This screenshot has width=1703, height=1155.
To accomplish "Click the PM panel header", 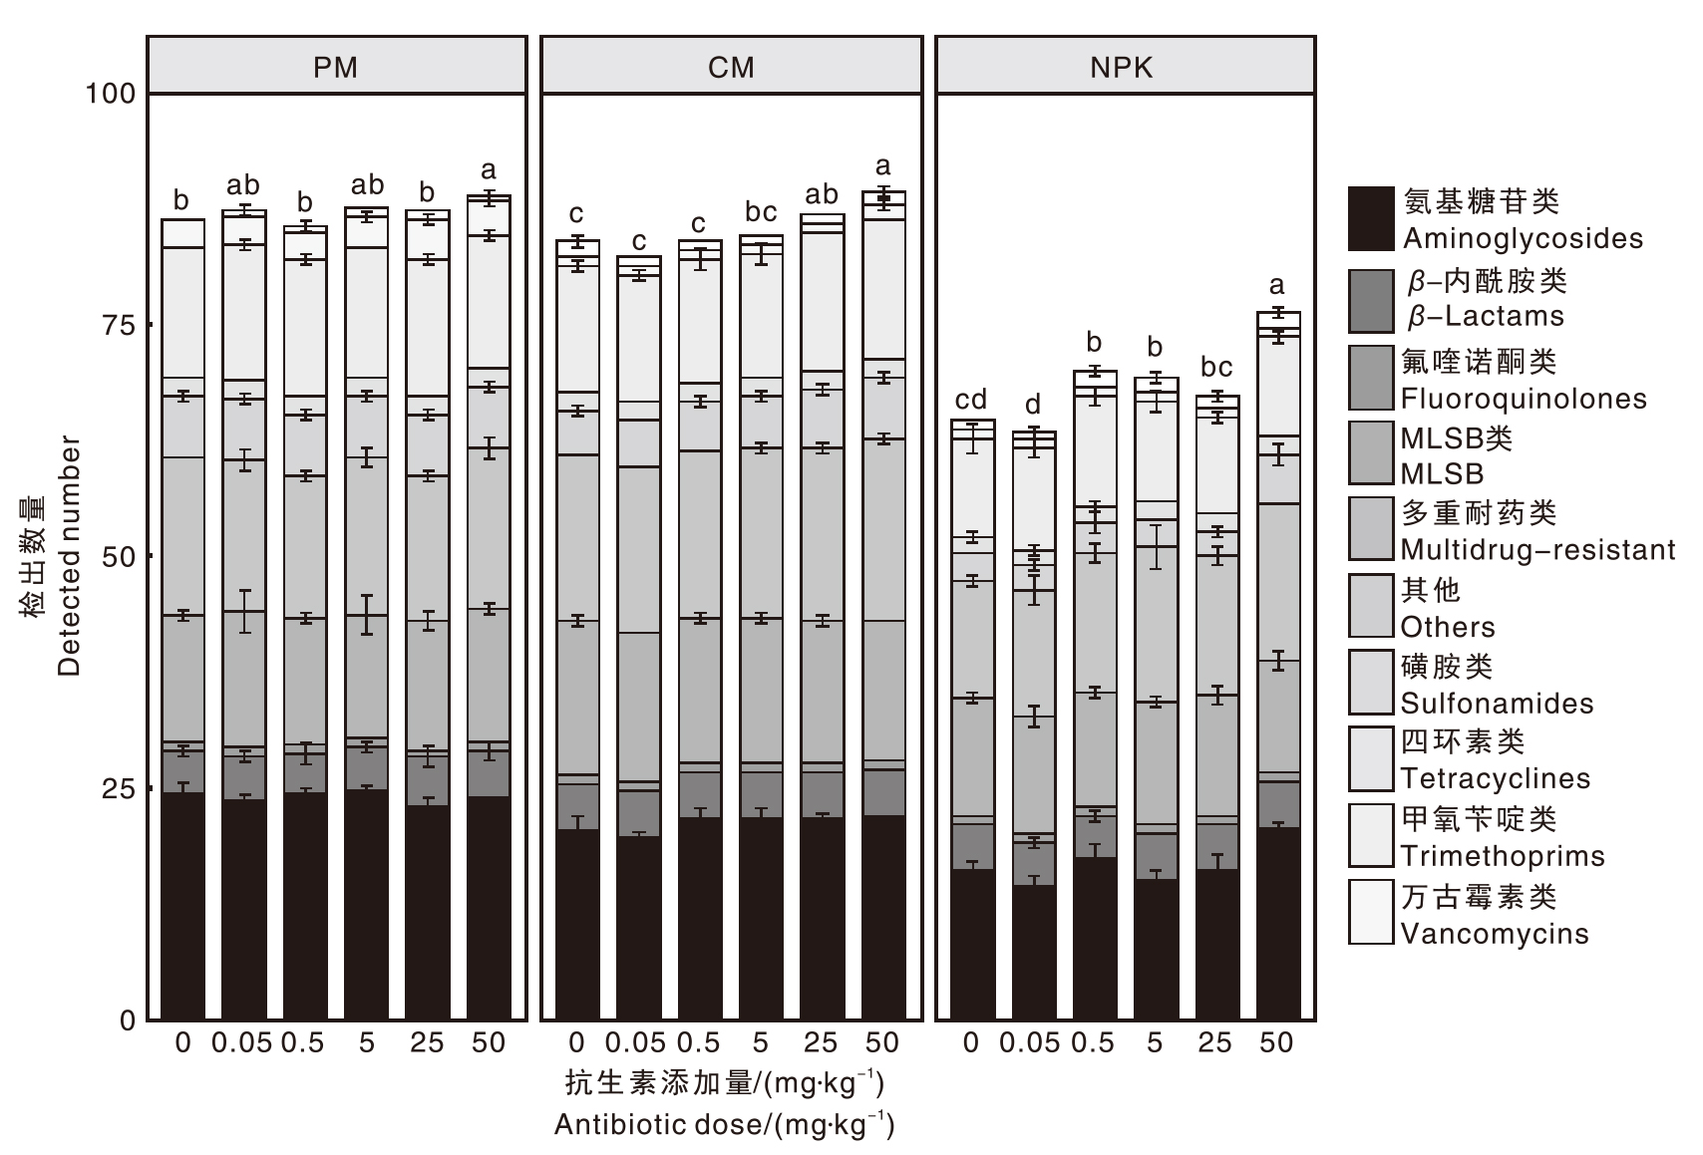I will click(336, 67).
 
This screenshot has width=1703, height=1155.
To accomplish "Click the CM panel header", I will click(731, 67).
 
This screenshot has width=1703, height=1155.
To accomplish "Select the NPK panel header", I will click(1124, 67).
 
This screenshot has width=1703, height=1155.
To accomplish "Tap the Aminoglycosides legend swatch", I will click(1370, 218).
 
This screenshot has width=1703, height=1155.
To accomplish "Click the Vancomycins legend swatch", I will click(1370, 912).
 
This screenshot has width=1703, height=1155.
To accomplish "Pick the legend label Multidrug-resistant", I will click(1536, 550).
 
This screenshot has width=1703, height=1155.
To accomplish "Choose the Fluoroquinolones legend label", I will click(1523, 399).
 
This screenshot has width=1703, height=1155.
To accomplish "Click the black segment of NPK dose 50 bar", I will click(1278, 922).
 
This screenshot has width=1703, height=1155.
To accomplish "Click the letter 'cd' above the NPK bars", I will click(971, 400).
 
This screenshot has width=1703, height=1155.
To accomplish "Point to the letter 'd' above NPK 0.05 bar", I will click(1033, 405).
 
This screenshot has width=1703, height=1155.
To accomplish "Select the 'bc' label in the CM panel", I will click(761, 212).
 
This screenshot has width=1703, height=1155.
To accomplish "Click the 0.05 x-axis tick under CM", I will click(636, 1043).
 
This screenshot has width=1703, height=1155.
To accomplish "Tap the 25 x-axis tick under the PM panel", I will click(427, 1043).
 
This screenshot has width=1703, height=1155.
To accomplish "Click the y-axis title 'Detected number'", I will click(69, 556).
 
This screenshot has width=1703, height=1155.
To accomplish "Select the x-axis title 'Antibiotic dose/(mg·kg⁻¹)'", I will click(725, 1125).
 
